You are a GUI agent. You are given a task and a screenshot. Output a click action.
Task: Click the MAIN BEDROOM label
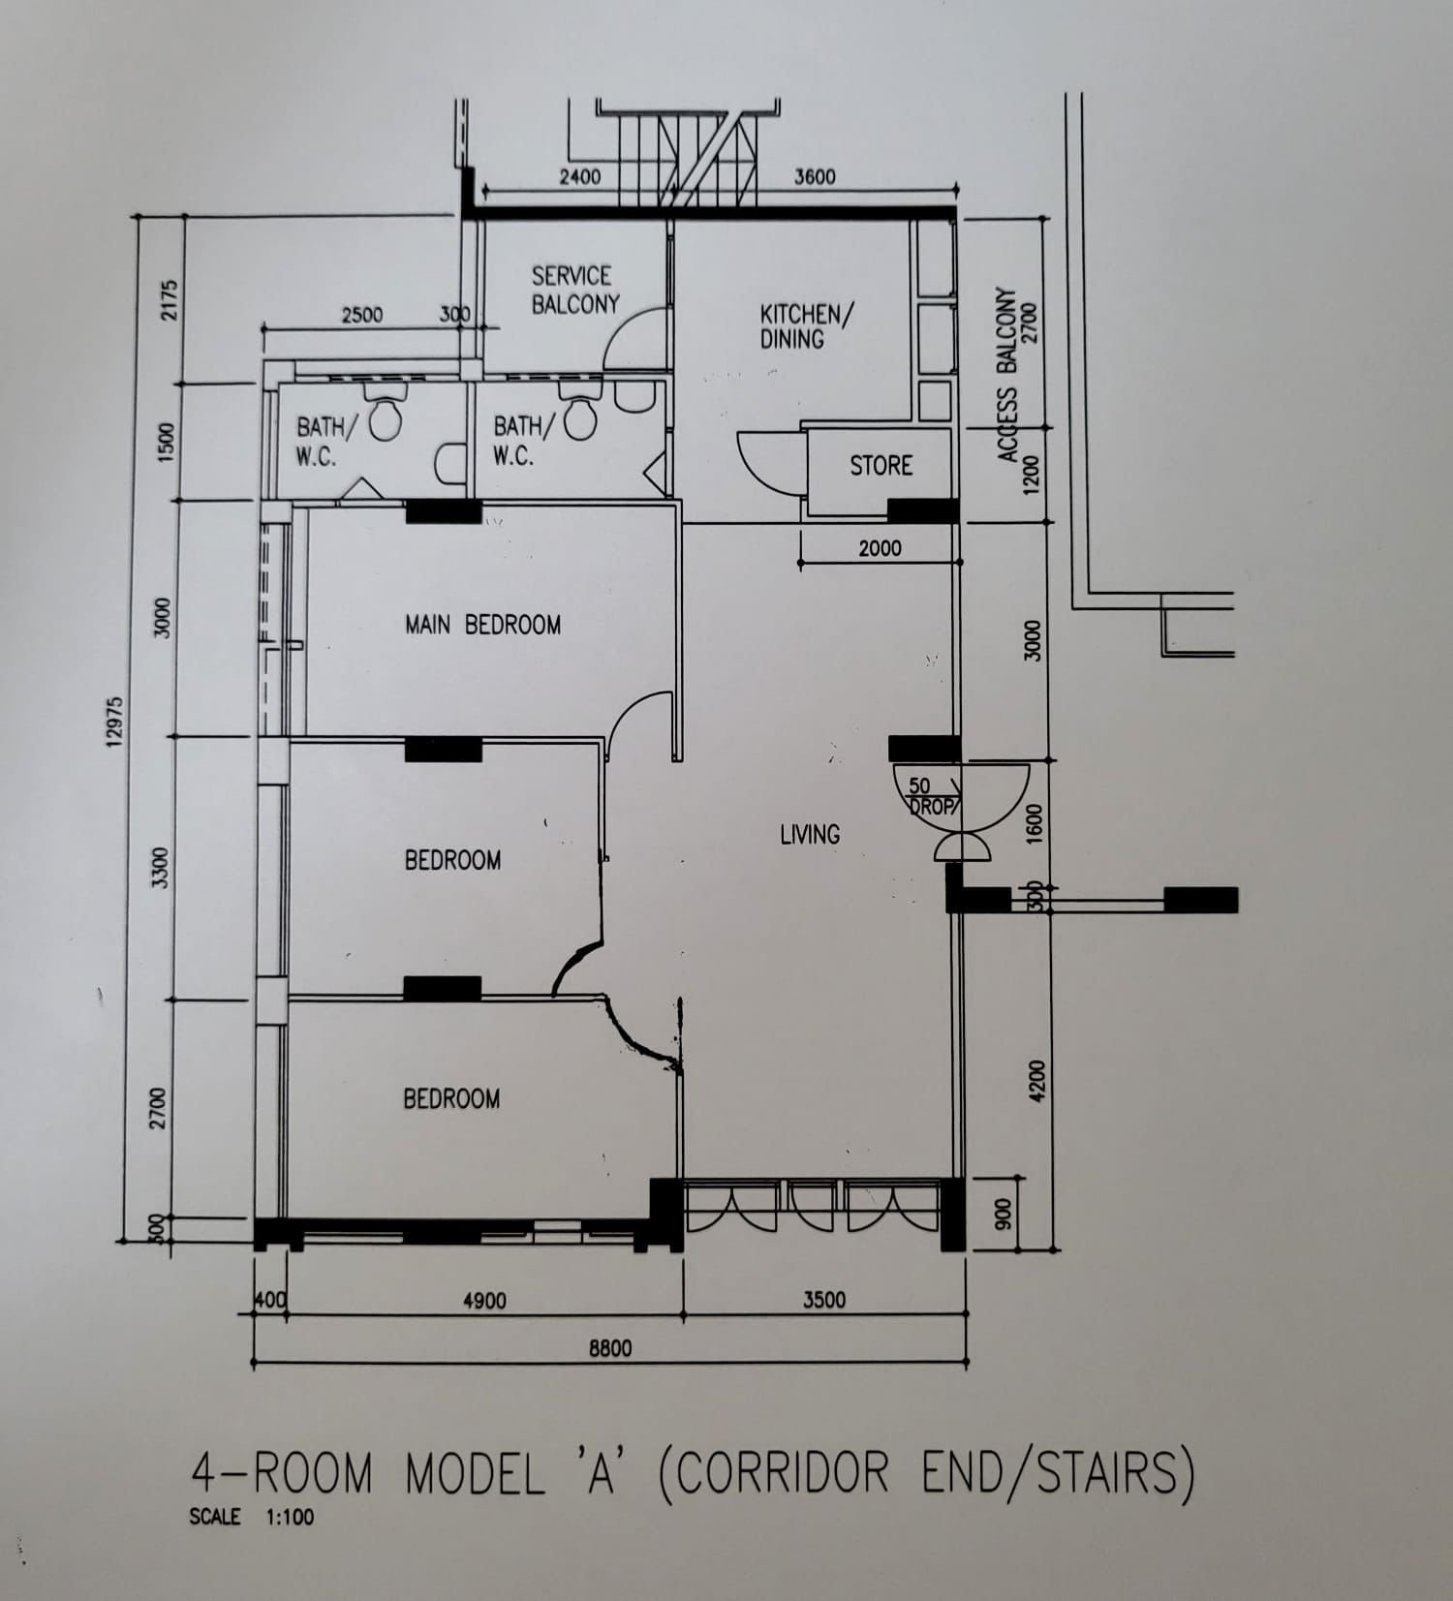[x=482, y=625]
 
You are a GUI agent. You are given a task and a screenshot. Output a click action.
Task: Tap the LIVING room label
[x=810, y=834]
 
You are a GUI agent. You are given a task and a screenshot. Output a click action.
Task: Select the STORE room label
[x=881, y=466]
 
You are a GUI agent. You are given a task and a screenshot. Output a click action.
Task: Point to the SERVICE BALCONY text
[x=574, y=290]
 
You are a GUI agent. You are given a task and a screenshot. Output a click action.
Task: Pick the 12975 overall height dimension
[x=115, y=722]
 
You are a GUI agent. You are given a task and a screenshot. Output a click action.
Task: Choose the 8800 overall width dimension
[x=610, y=1348]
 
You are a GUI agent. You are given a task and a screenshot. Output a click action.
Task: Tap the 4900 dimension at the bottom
[x=483, y=1301]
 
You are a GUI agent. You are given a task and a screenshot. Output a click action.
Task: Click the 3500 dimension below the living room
[x=823, y=1300]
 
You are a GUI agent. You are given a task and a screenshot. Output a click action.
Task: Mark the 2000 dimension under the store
[x=880, y=548]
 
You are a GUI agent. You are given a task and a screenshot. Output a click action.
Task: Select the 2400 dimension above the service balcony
[x=579, y=177]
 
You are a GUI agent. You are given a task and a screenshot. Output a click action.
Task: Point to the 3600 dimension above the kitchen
[x=814, y=176]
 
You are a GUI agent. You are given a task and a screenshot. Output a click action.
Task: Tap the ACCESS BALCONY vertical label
[x=1007, y=374]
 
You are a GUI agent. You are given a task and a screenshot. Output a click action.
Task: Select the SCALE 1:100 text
[x=252, y=1517]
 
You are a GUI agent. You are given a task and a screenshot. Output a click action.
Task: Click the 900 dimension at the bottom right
[x=1004, y=1213]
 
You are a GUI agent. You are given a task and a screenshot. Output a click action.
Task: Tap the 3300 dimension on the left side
[x=161, y=867]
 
